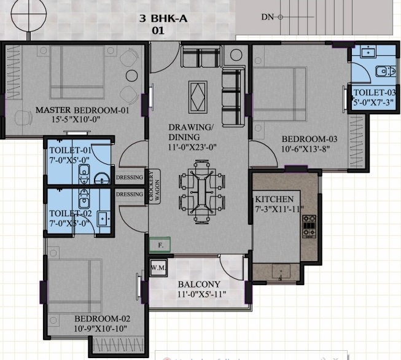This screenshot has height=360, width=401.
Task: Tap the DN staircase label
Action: [267, 17]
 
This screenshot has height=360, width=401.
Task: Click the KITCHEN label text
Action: [274, 200]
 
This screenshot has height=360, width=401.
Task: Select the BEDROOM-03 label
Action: [301, 138]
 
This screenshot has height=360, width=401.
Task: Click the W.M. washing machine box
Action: [156, 268]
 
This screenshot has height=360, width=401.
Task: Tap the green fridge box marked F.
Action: [160, 245]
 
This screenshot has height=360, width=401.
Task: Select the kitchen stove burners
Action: [309, 226]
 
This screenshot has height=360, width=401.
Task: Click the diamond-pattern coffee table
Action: [197, 96]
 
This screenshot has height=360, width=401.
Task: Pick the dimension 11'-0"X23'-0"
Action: [190, 147]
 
